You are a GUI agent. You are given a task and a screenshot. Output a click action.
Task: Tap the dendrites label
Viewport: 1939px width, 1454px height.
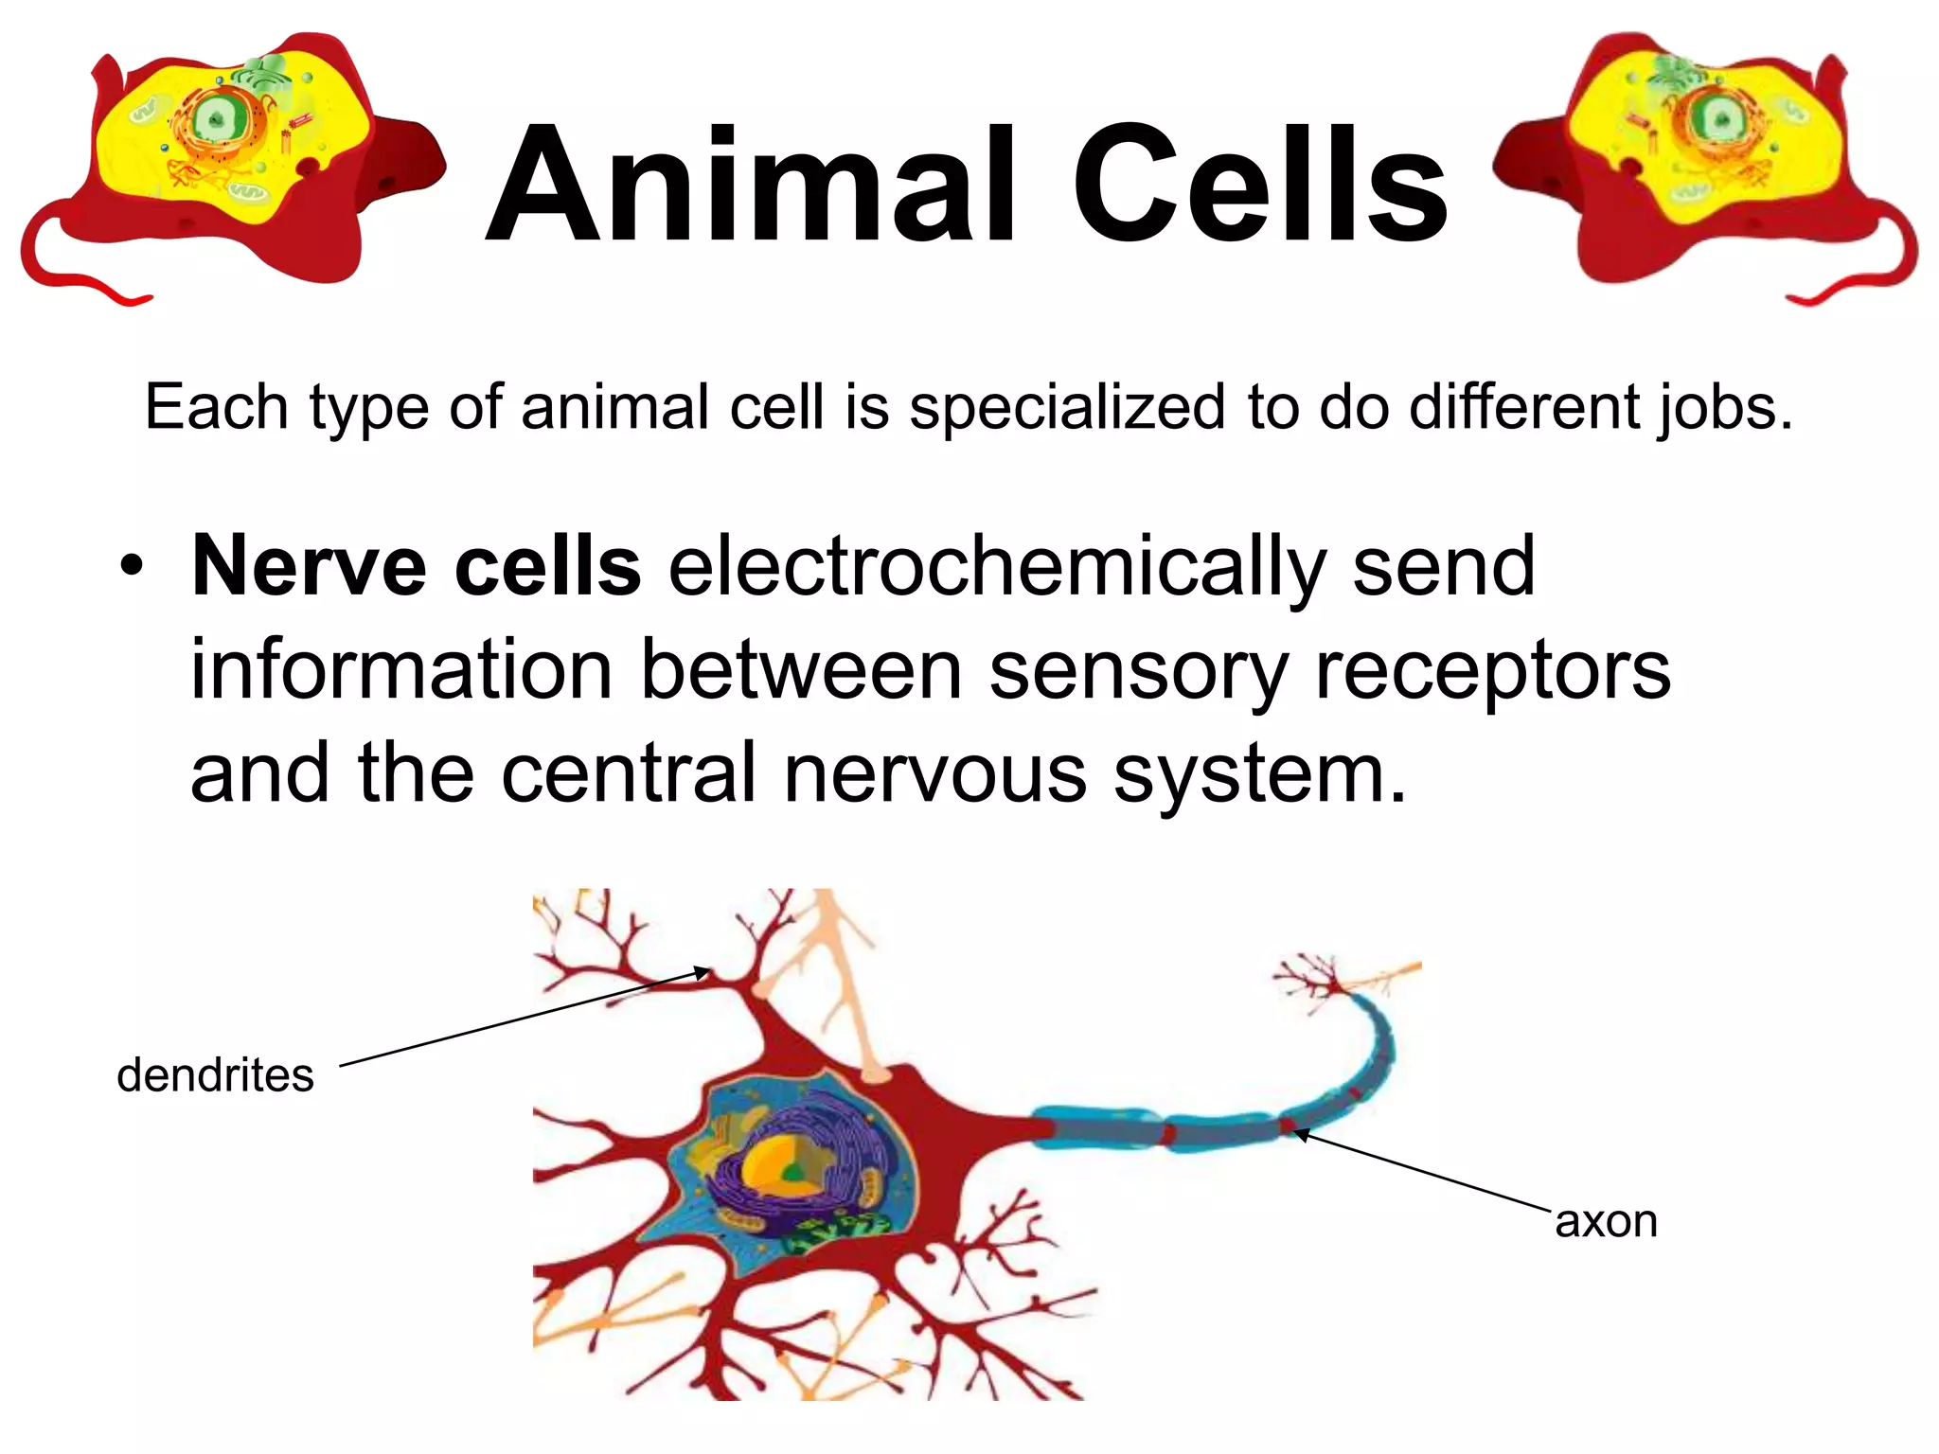tap(215, 1075)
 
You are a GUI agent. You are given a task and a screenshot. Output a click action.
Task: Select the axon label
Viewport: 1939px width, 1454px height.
tap(1606, 1221)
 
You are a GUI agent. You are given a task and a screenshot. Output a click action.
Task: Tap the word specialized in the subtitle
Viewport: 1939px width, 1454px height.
tap(1067, 407)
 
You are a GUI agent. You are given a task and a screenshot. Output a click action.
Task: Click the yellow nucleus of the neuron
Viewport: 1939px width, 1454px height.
tap(776, 1169)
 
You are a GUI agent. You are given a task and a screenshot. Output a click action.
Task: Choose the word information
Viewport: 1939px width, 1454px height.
tap(402, 670)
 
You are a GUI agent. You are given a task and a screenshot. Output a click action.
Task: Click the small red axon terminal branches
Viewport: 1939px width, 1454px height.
tap(1311, 980)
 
